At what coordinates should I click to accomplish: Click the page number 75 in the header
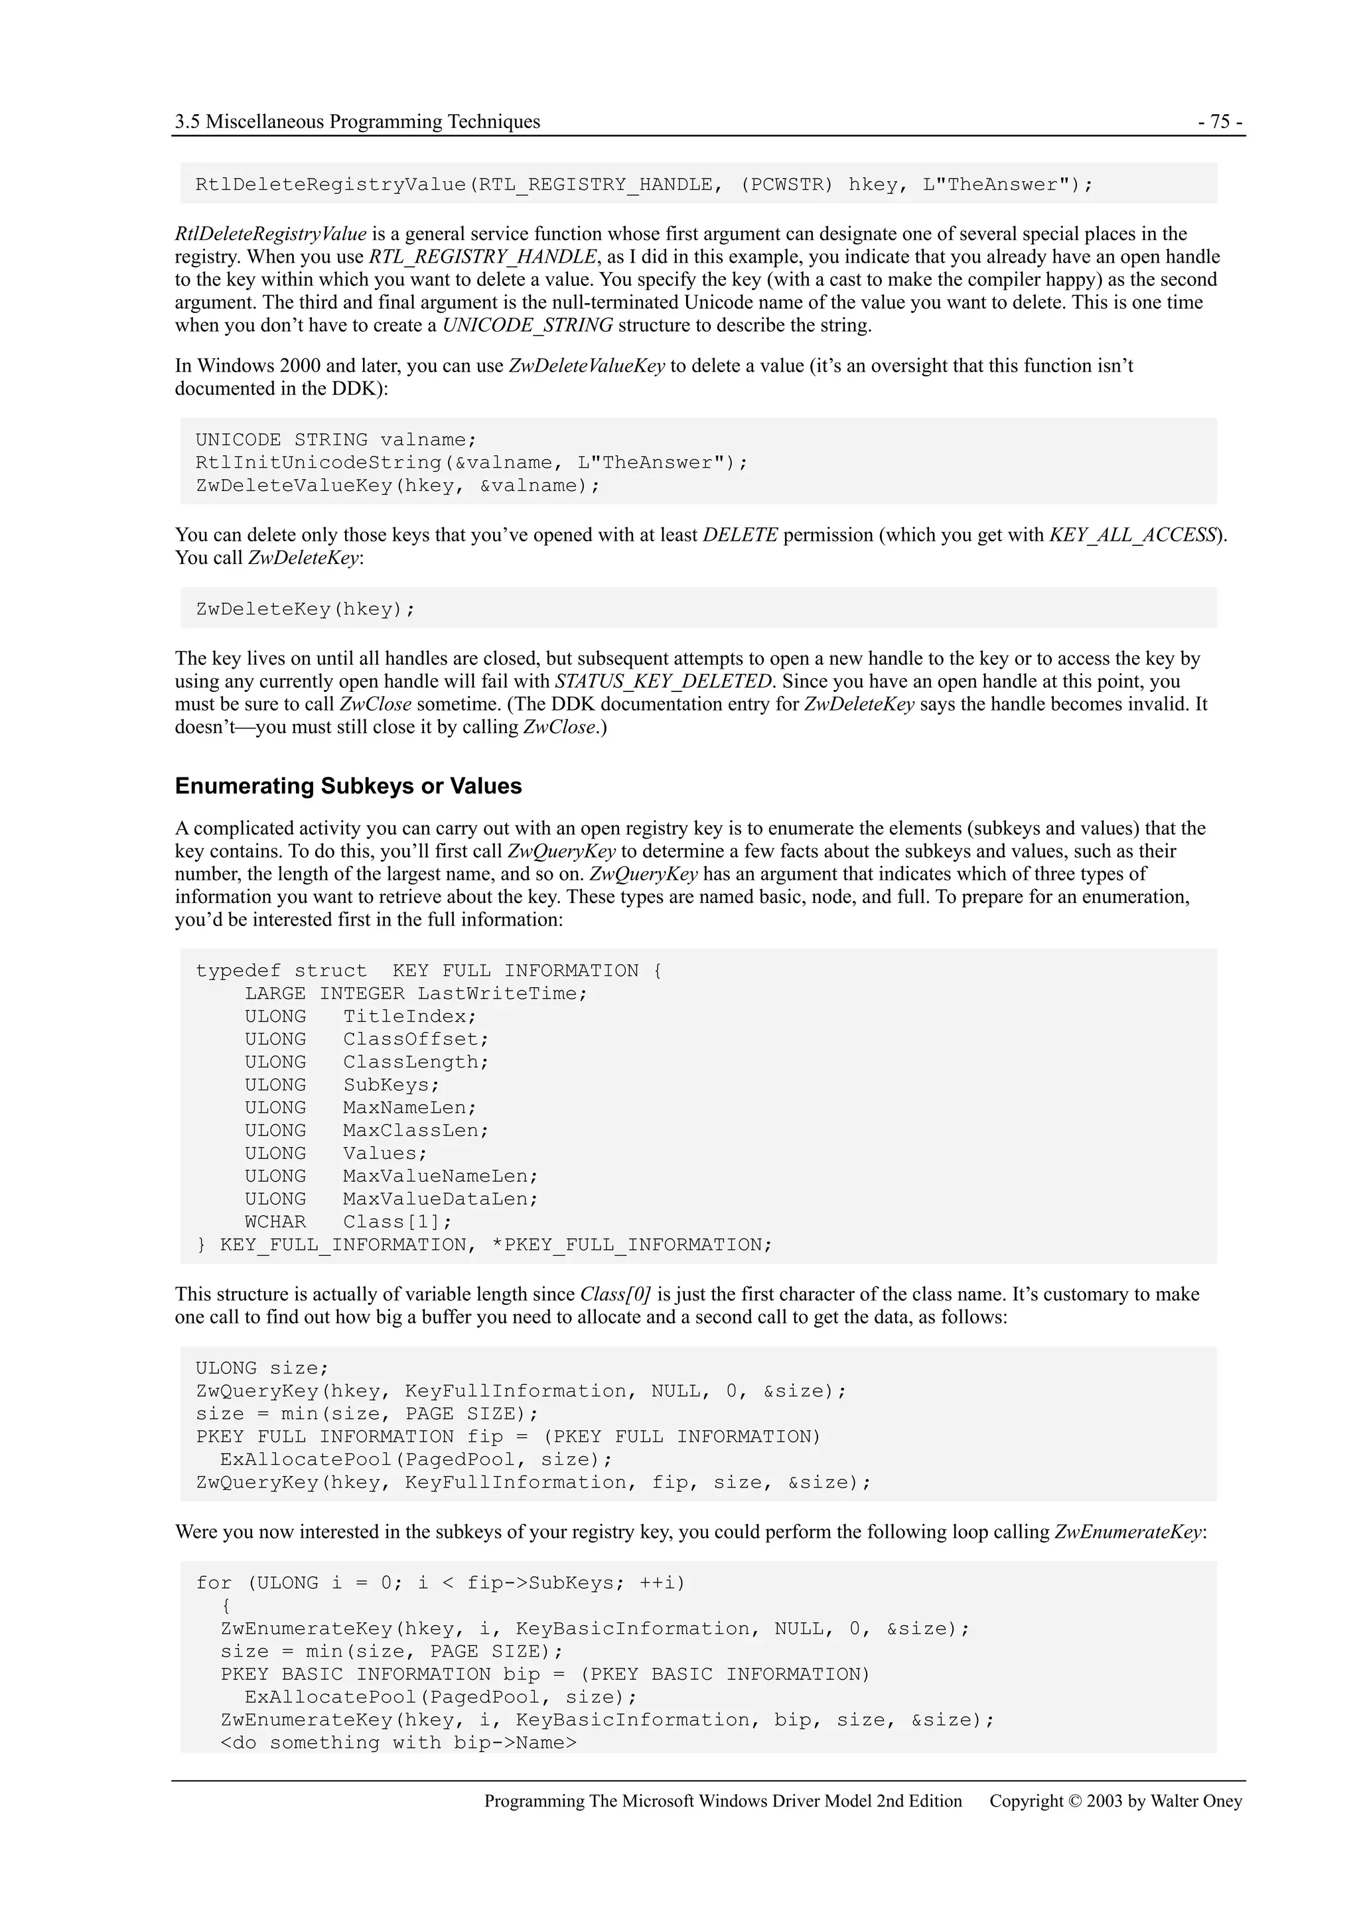click(1220, 122)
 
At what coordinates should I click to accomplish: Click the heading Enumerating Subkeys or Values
click(348, 786)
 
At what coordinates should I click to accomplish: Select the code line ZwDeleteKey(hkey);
click(305, 610)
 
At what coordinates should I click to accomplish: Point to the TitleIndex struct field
click(409, 1016)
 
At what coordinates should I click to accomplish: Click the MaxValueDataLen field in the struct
click(441, 1199)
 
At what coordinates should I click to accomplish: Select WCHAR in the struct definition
click(275, 1221)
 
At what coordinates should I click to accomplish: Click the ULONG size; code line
click(262, 1368)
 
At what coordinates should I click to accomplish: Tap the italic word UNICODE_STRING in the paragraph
click(527, 325)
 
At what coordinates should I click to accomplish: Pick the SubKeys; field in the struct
click(391, 1085)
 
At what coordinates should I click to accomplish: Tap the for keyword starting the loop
click(214, 1583)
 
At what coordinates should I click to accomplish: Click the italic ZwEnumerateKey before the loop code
click(1127, 1532)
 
